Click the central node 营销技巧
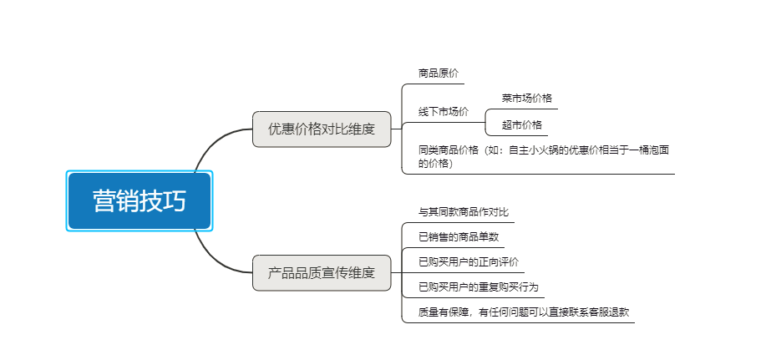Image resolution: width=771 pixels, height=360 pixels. click(139, 200)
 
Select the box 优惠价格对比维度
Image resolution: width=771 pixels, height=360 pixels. click(322, 129)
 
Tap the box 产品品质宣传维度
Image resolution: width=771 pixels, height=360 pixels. click(322, 273)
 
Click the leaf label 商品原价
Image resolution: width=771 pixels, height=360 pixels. click(438, 74)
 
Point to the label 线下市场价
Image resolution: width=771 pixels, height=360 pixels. click(444, 112)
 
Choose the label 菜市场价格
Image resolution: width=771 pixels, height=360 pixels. click(526, 98)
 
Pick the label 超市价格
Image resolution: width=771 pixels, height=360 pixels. click(522, 125)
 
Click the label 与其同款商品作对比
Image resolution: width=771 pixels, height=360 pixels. click(464, 212)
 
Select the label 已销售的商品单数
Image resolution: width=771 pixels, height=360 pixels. click(459, 237)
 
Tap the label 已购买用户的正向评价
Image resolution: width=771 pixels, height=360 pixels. click(469, 262)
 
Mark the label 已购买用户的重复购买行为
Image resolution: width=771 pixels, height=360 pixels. click(479, 287)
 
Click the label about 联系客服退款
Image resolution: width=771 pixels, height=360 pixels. click(524, 312)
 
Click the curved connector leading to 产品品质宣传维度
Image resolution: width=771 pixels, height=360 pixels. click(220, 260)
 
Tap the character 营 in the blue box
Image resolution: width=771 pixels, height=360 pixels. click(104, 200)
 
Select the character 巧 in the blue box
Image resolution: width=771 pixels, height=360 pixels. click(175, 200)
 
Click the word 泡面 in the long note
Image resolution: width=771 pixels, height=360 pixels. click(659, 150)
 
